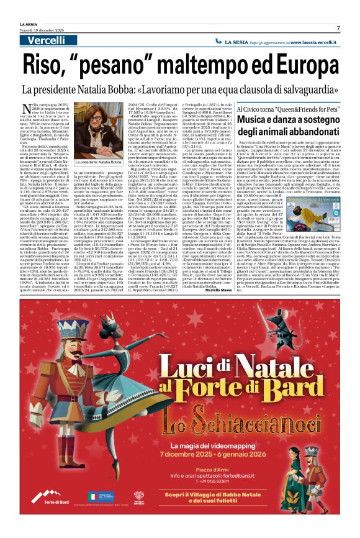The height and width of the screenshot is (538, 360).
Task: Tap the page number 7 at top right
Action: point(338,28)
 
